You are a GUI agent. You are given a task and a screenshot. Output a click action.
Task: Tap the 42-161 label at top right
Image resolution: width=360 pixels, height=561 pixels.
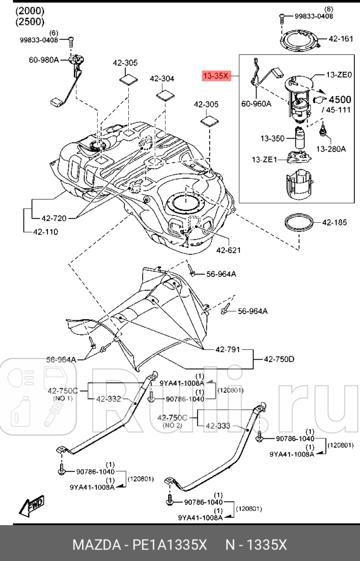(x=340, y=39)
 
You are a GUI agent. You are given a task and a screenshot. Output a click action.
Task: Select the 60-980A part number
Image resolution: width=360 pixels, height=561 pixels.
(x=44, y=59)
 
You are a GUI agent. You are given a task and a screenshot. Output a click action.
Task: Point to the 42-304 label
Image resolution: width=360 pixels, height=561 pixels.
(x=162, y=79)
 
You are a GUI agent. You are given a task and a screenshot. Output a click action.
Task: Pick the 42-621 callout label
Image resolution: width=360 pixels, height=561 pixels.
(x=229, y=250)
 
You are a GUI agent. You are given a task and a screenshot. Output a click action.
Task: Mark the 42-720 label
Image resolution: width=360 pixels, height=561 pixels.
(x=54, y=219)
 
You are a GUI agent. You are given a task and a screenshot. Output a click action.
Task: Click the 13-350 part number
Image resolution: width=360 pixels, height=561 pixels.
(x=272, y=139)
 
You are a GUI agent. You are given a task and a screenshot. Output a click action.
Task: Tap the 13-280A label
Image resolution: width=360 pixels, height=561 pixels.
(x=331, y=149)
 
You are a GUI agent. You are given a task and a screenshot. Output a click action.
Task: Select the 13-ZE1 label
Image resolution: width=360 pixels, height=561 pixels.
(x=264, y=160)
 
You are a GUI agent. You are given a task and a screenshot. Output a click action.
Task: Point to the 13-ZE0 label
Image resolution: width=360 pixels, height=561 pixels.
(x=339, y=75)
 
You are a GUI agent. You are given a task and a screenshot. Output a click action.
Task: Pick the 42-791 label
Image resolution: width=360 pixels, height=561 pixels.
(x=228, y=349)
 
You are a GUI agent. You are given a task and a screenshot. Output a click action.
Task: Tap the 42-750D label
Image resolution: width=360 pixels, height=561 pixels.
(x=279, y=359)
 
